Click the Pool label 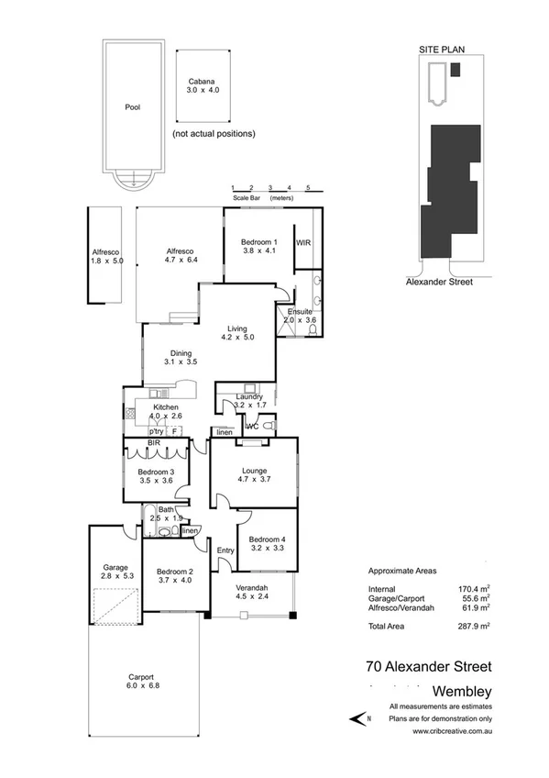tap(133, 106)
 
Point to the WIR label tap(303, 243)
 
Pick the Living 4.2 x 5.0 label tap(237, 332)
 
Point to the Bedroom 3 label tap(156, 475)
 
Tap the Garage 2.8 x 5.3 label tap(115, 572)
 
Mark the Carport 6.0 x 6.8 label tap(142, 682)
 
